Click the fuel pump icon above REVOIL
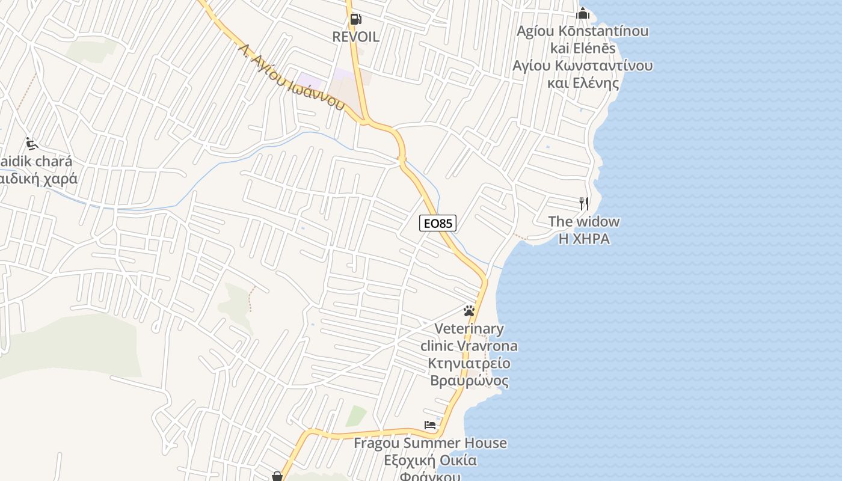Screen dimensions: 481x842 (x=355, y=19)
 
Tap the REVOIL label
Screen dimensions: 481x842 (x=356, y=37)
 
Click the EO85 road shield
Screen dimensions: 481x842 (x=438, y=223)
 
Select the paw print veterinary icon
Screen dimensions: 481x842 (x=469, y=311)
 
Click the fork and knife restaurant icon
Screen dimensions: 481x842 (x=583, y=203)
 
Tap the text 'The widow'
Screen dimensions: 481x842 (x=583, y=221)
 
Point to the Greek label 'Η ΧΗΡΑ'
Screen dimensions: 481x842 (x=584, y=239)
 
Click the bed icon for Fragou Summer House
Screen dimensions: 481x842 (x=430, y=425)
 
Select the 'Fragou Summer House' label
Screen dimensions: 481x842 (x=430, y=443)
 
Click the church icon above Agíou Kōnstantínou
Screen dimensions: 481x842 (x=582, y=13)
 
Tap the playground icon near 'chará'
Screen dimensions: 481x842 (x=32, y=144)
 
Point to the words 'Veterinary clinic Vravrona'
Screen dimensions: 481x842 (x=469, y=337)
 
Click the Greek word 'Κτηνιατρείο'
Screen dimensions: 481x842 (x=469, y=363)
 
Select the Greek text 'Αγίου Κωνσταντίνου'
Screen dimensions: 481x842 (x=582, y=65)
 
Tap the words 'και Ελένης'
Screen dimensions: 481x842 (x=583, y=82)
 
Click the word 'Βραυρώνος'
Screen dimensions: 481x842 (x=469, y=381)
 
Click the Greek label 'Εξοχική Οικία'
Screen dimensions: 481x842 (x=431, y=461)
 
